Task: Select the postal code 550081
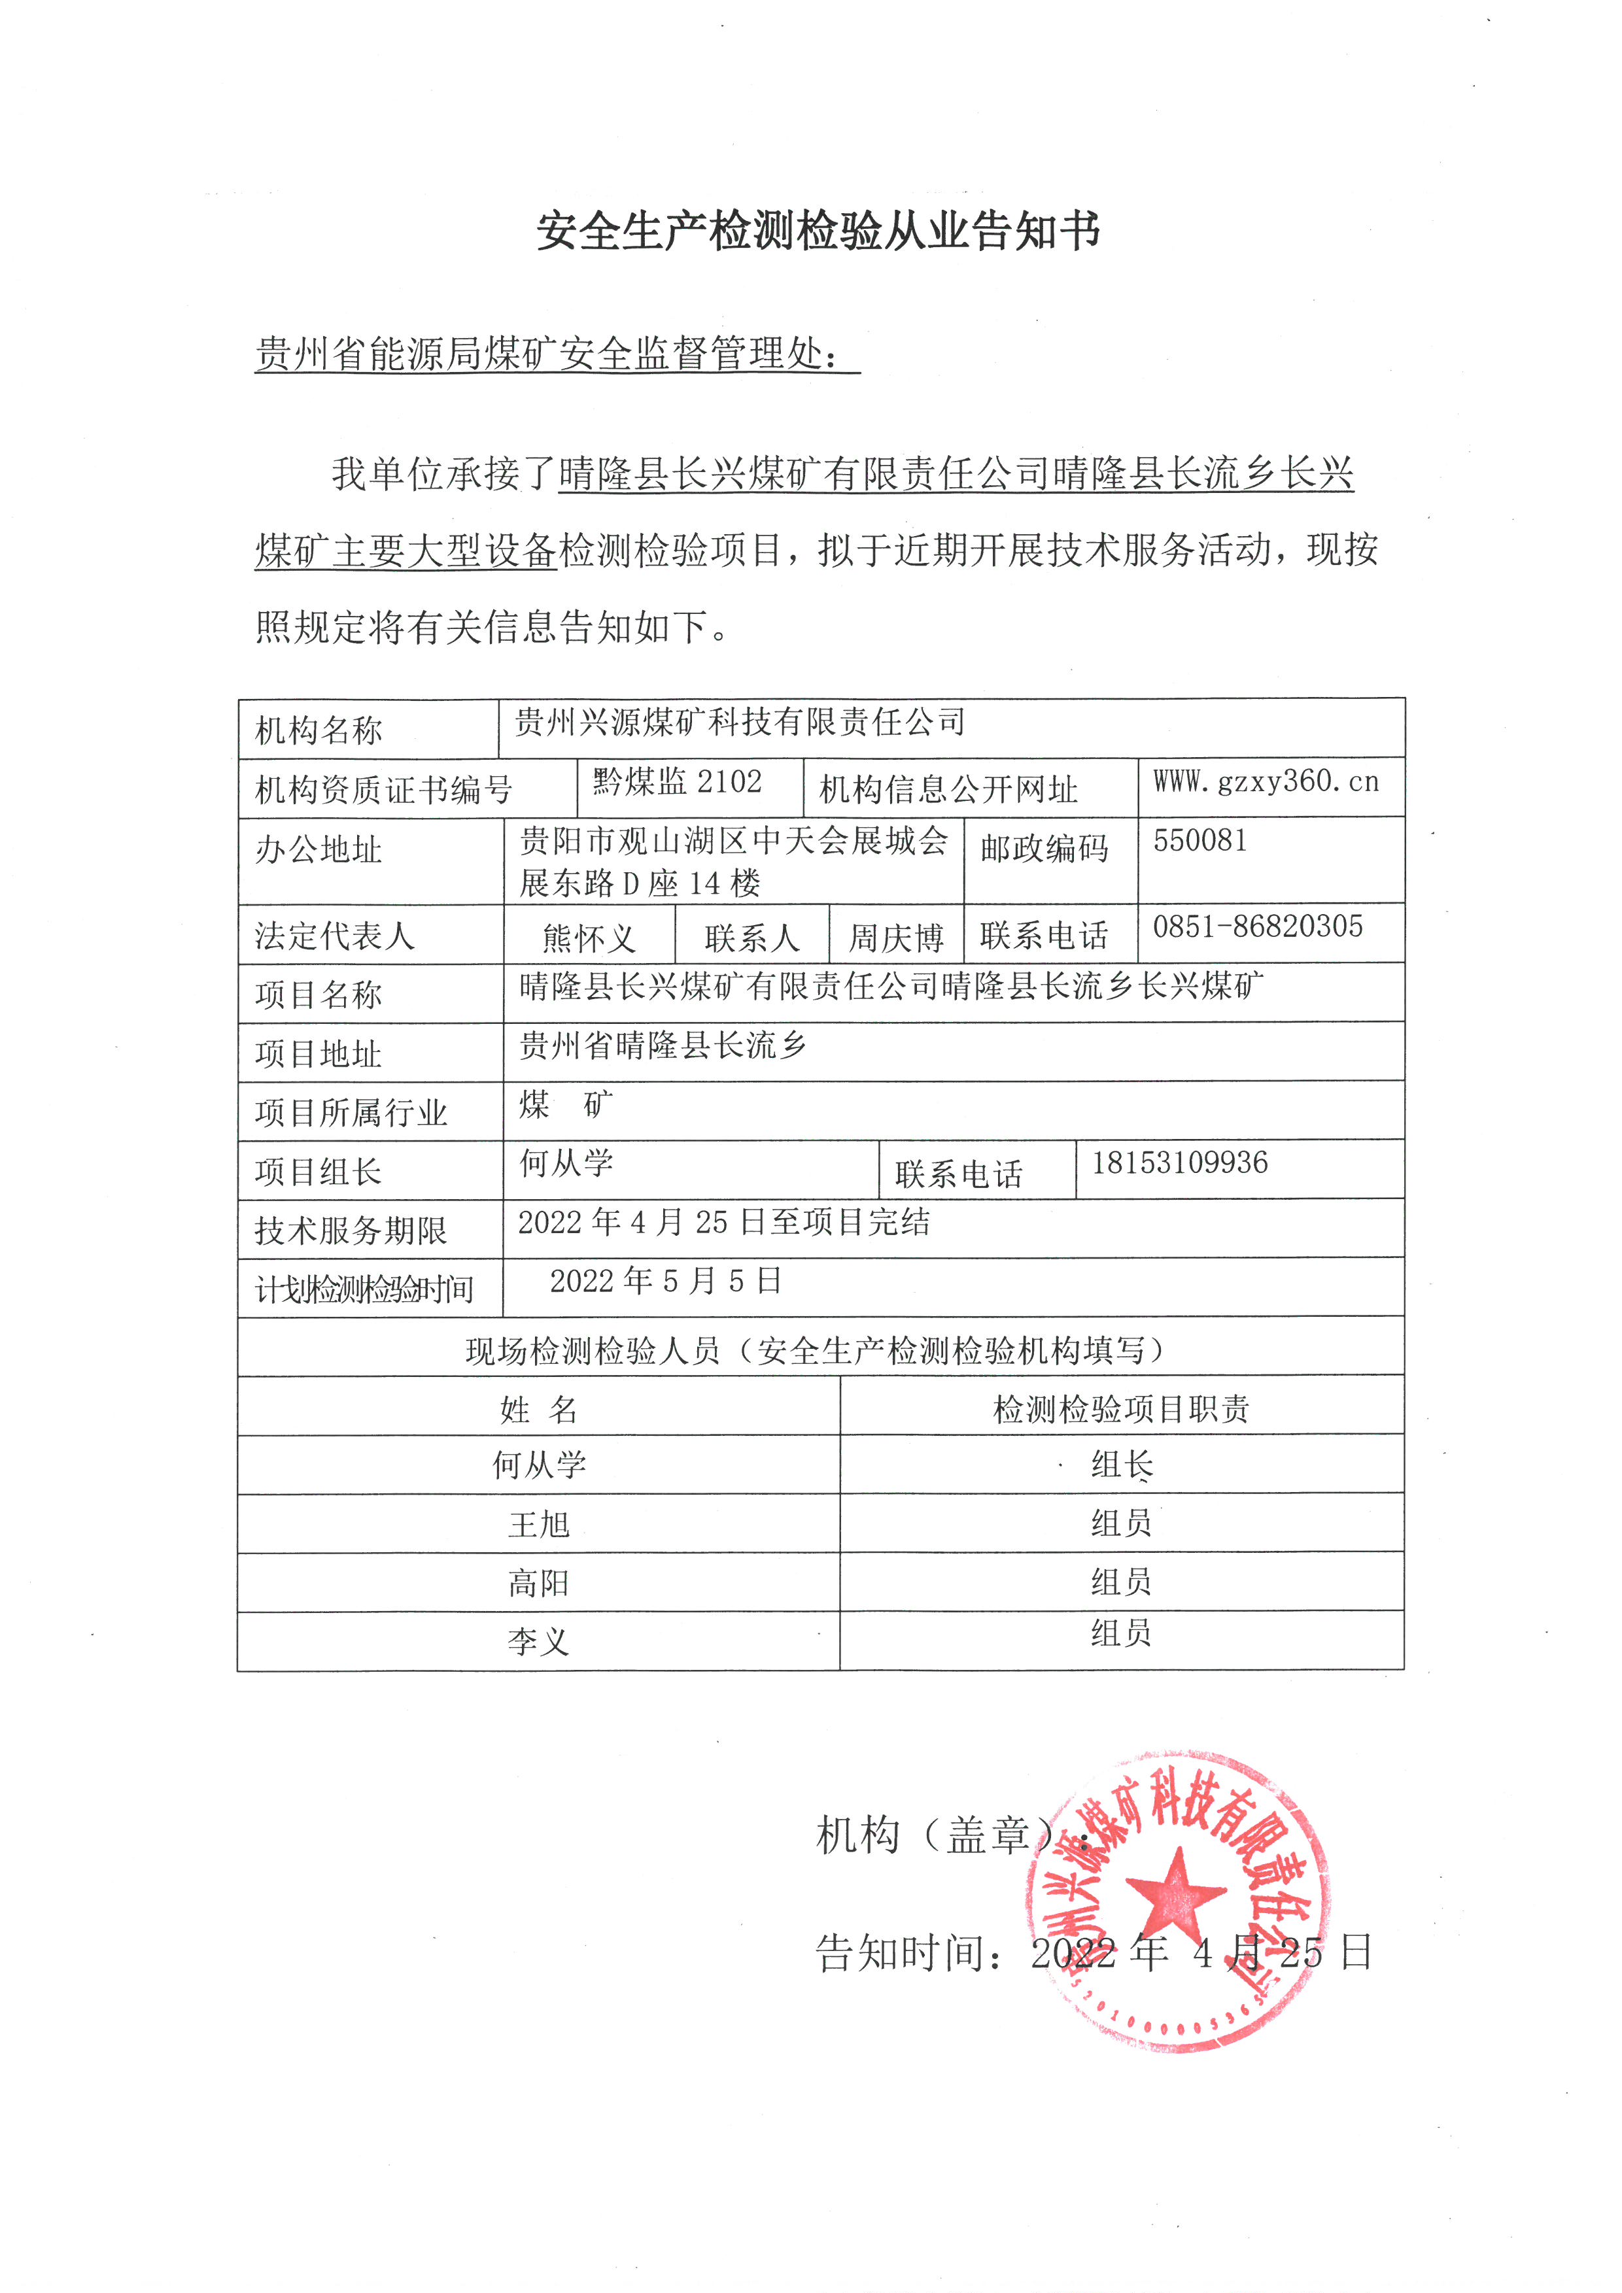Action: (x=1199, y=841)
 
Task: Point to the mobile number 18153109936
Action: (x=1179, y=1163)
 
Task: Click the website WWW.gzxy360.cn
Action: (x=1266, y=781)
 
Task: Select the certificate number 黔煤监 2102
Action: (x=676, y=782)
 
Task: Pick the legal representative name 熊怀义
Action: (x=588, y=938)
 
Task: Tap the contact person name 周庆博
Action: (x=895, y=938)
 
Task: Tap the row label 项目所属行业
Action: (x=351, y=1113)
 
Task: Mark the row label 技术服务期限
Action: (x=351, y=1231)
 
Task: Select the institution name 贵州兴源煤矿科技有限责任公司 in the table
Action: (x=739, y=722)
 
